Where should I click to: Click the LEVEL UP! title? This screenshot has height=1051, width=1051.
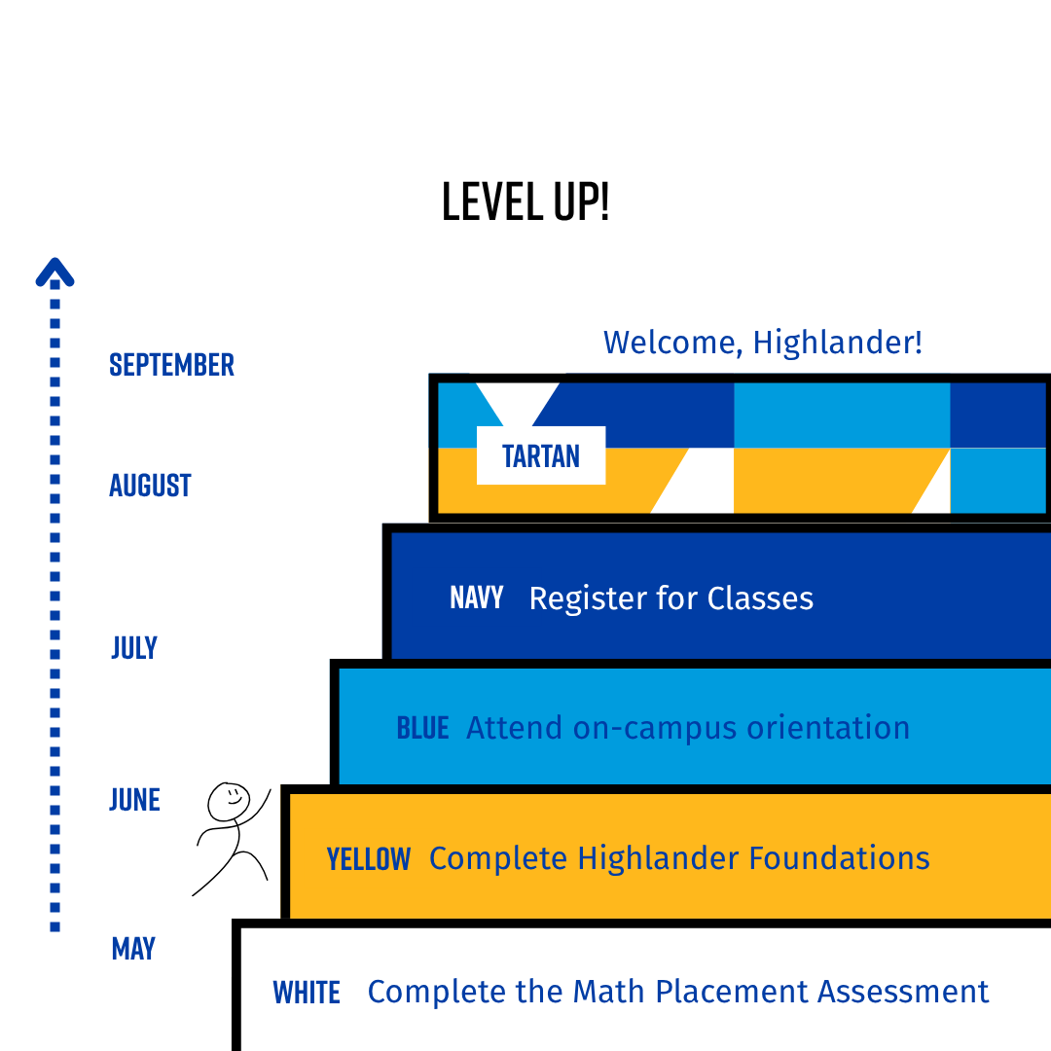tap(525, 201)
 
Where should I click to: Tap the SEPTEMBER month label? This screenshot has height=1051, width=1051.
tap(172, 365)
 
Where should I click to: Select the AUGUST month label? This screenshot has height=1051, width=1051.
tap(150, 485)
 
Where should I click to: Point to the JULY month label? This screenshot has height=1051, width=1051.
tap(134, 647)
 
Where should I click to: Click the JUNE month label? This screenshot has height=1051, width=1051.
tap(134, 800)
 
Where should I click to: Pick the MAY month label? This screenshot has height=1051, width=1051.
tap(133, 949)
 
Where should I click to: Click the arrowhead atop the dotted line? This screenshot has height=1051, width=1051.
tap(54, 272)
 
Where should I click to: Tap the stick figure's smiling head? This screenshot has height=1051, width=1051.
tap(230, 802)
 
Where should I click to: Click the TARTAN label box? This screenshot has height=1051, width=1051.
tap(541, 455)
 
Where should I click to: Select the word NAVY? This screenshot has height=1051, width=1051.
tap(477, 598)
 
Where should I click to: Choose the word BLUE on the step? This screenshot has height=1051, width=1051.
tap(422, 728)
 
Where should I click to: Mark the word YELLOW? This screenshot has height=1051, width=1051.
tap(369, 859)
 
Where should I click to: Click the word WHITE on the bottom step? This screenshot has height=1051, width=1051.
tap(307, 993)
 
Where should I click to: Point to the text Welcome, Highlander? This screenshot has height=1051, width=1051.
tap(762, 343)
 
